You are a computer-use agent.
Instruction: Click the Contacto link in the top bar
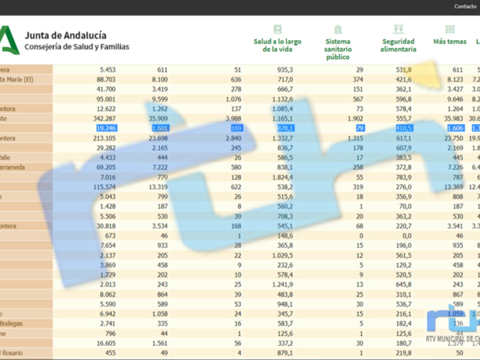tap(465, 7)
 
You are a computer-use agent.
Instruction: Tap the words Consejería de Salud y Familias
tap(76, 46)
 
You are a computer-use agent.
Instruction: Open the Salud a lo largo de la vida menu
tap(277, 45)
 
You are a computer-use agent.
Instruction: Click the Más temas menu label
tap(450, 41)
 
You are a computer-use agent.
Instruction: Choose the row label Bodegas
tap(12, 323)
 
